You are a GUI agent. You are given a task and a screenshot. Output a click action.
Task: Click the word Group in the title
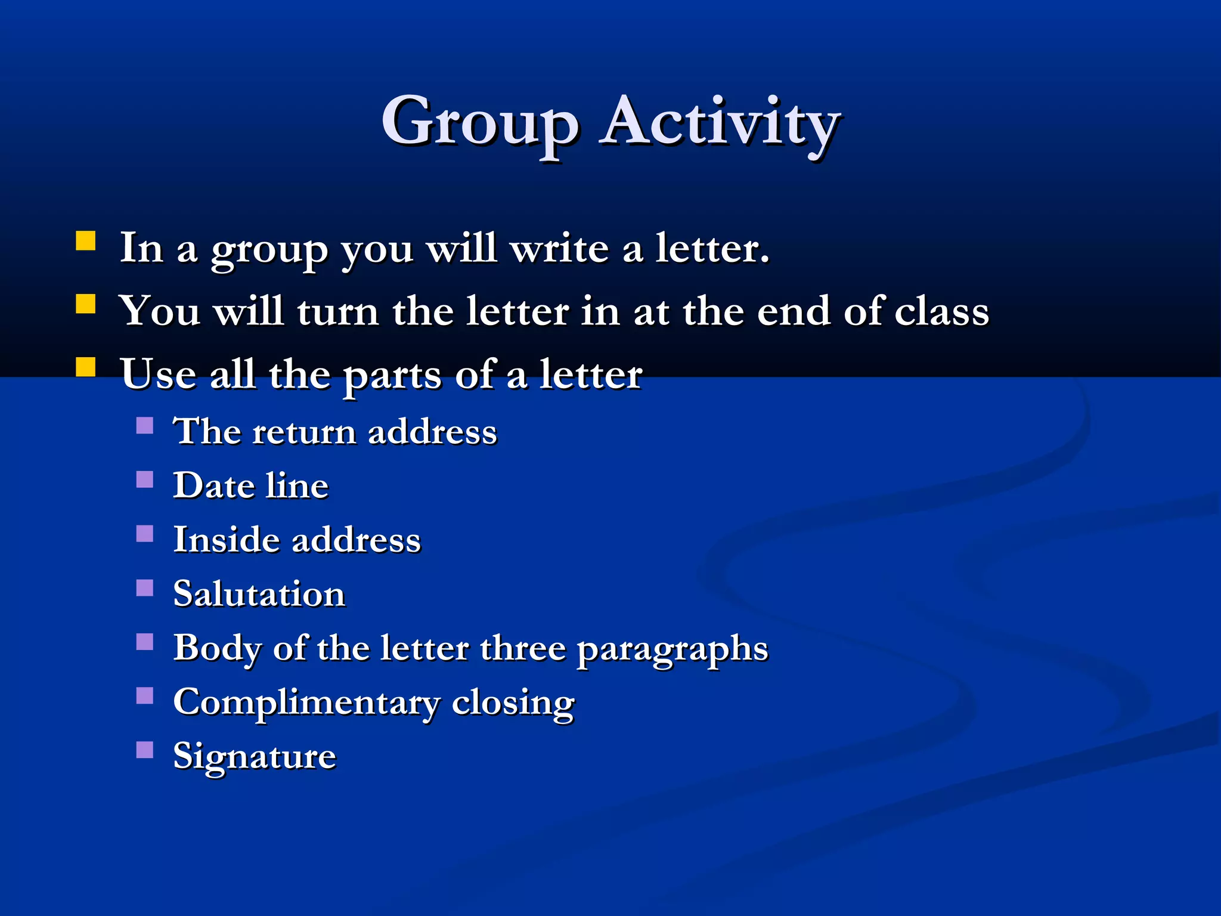[480, 122]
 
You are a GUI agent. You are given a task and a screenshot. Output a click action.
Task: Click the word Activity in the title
[720, 122]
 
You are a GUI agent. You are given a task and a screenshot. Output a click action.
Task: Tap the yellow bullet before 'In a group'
[86, 241]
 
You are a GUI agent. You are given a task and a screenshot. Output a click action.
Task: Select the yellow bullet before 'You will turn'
[86, 304]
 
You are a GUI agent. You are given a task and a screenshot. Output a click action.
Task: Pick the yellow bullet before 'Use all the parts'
[86, 367]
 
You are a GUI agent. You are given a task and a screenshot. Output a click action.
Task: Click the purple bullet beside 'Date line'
[145, 479]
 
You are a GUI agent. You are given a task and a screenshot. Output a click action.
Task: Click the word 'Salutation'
[259, 594]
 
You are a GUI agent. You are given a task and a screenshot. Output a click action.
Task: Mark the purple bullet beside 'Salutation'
[145, 588]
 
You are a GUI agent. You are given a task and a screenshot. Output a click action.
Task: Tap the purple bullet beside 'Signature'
[145, 750]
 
